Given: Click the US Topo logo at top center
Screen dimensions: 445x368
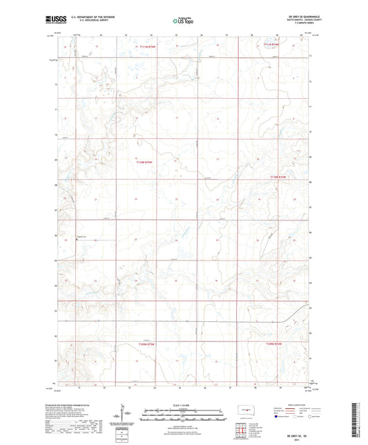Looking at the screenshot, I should pyautogui.click(x=183, y=21).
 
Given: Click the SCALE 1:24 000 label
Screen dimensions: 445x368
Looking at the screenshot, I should pyautogui.click(x=183, y=405).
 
